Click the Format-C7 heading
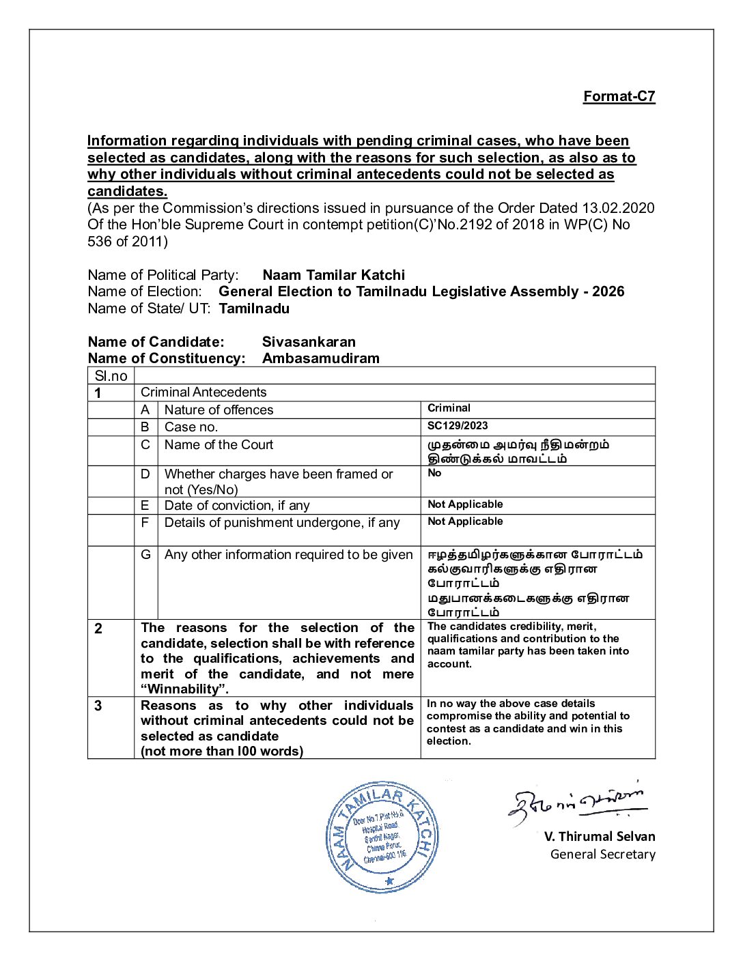point(619,96)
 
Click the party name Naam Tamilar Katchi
point(333,275)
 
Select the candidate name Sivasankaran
point(309,342)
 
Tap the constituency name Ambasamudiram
point(320,358)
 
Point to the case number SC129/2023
point(458,426)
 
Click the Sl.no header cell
point(111,376)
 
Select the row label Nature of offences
point(219,410)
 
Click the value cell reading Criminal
point(449,408)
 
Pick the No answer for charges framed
point(434,473)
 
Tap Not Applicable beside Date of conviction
point(465,504)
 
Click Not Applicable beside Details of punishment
point(465,521)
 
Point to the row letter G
point(145,555)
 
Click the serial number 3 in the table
point(98,706)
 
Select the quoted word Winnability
point(184,689)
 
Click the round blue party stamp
point(382,837)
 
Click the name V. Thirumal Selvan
point(600,837)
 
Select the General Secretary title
point(602,855)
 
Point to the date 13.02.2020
point(618,208)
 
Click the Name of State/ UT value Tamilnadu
point(254,309)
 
